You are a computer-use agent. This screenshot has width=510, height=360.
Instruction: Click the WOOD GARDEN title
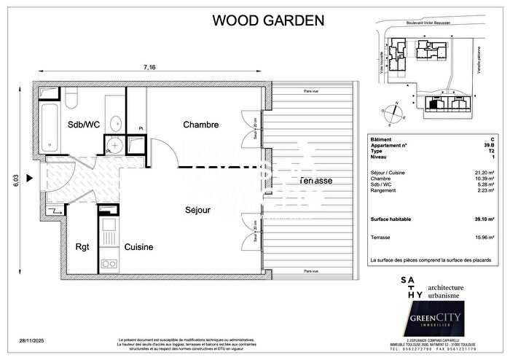(x=268, y=20)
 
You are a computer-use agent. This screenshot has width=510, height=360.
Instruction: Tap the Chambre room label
(x=200, y=125)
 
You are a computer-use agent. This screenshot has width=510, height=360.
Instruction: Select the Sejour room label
(x=197, y=210)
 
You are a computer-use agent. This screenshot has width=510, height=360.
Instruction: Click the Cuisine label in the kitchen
(x=138, y=247)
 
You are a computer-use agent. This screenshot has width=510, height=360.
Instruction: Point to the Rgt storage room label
(x=83, y=247)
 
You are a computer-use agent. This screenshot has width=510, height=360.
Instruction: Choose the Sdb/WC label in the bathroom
(x=85, y=125)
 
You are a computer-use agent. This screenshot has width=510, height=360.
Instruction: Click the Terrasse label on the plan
(x=315, y=180)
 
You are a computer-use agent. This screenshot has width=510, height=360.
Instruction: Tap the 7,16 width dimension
(x=149, y=68)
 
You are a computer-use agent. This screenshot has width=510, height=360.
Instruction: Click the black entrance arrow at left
(x=30, y=177)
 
